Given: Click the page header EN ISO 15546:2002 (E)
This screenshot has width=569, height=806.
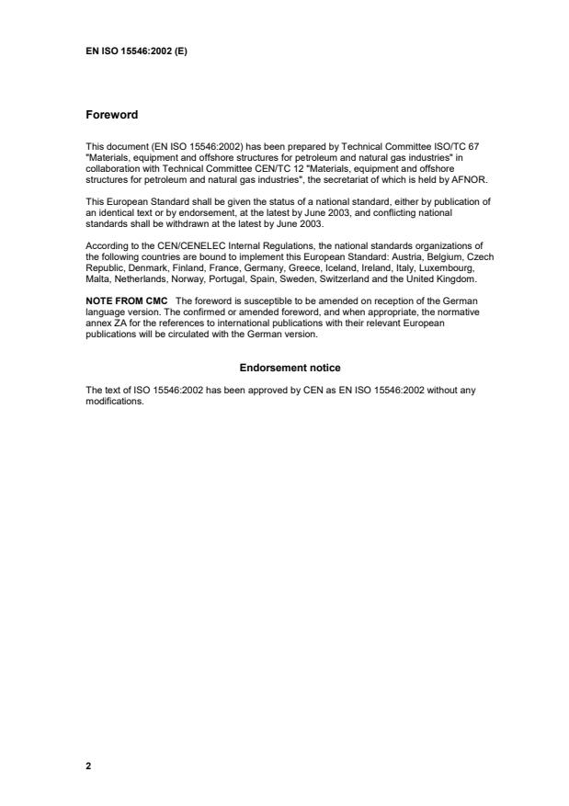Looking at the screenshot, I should click(x=136, y=51).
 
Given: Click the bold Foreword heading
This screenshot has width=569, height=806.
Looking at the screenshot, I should click(x=111, y=115).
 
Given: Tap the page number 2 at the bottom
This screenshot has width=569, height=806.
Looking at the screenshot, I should click(x=88, y=765).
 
